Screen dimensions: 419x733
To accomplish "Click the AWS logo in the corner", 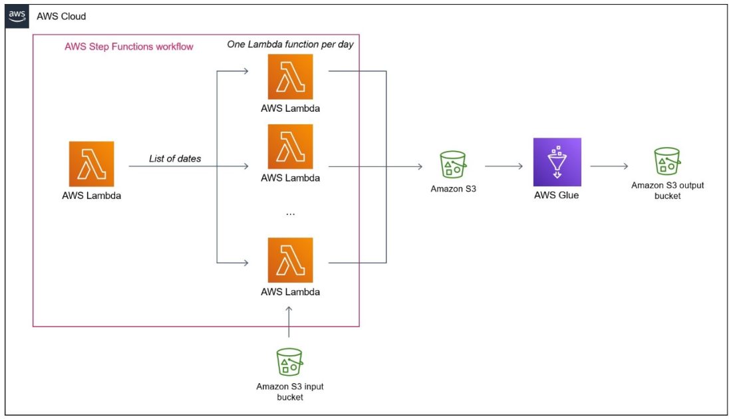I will [17, 16].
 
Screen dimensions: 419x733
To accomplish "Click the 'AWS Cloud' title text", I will [61, 16].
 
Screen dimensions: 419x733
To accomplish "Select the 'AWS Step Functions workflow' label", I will [129, 47].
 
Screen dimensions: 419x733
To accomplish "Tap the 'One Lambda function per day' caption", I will [290, 45].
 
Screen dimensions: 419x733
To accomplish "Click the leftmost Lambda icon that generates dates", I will [91, 164].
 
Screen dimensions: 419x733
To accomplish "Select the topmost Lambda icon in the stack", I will [290, 77].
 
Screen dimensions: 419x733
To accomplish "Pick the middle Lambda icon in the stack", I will [290, 146].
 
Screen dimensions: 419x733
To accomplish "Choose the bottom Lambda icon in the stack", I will [290, 260].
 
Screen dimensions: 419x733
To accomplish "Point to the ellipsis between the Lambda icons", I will [290, 213].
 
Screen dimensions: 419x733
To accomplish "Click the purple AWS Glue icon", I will [557, 162].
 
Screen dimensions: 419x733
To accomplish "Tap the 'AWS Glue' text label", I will [557, 196].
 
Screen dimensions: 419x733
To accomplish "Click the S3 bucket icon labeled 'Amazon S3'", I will [452, 164].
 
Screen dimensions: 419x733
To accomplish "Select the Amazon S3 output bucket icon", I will [667, 162].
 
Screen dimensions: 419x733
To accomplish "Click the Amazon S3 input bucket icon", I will [290, 362].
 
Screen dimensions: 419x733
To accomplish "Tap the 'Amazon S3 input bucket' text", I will [290, 392].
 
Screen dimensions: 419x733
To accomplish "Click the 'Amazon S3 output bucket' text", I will [667, 191].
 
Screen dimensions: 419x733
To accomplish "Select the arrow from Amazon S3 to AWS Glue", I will [504, 166].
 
